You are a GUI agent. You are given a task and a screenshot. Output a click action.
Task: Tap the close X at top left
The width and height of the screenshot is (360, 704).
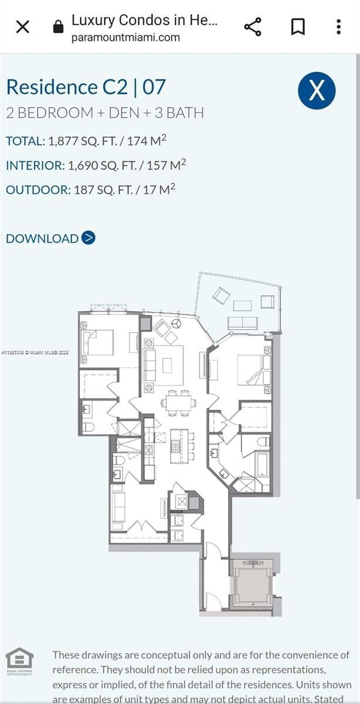[x=22, y=27]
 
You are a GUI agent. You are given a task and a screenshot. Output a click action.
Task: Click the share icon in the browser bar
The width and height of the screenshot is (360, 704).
[x=252, y=27]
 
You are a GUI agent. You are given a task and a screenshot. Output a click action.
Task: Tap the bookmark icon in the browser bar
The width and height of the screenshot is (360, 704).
[x=297, y=27]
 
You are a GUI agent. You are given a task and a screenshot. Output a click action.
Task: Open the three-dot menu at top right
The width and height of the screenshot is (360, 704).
[x=339, y=27]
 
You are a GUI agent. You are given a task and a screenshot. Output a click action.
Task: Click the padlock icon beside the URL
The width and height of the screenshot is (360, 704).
[x=57, y=27]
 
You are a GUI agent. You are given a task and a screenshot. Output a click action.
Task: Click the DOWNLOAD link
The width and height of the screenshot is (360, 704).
[x=42, y=238]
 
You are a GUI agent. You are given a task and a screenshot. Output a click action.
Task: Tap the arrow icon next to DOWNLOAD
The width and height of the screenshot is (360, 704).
[x=89, y=238]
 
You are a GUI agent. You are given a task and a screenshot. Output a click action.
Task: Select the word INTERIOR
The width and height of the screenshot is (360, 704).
[x=35, y=165]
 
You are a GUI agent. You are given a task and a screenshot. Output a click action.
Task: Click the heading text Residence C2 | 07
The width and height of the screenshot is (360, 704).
[x=86, y=87]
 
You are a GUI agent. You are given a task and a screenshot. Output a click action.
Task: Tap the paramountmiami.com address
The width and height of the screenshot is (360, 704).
[x=125, y=38]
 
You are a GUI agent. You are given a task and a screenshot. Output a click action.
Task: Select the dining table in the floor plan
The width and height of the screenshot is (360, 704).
[x=179, y=402]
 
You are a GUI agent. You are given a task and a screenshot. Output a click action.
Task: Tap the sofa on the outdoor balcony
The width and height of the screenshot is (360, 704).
[x=242, y=322]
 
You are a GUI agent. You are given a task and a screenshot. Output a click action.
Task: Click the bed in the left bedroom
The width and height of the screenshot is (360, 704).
[x=98, y=343]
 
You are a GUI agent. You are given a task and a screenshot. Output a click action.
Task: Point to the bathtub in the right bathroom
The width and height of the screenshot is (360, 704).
[x=261, y=463]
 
